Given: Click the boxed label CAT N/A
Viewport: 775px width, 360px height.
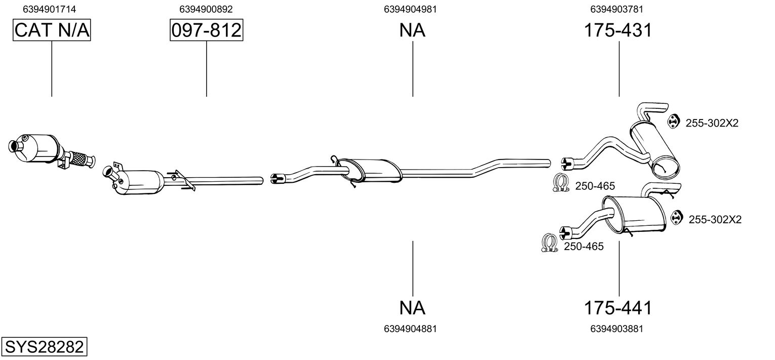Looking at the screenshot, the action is (x=52, y=30).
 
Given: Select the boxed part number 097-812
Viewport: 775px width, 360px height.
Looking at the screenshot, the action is (x=206, y=30).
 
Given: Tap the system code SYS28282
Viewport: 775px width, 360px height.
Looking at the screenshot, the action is (x=44, y=347).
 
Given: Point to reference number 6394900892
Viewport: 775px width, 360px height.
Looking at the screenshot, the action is (x=206, y=9).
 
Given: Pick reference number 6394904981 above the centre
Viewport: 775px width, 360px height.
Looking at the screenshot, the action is (x=411, y=9).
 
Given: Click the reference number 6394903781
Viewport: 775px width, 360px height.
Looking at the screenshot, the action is (x=616, y=9).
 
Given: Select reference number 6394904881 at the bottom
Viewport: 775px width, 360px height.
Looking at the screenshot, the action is (x=411, y=329).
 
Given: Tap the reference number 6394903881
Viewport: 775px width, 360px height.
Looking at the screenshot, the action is (x=616, y=329).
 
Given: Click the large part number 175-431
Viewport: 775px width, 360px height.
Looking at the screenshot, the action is (x=617, y=30).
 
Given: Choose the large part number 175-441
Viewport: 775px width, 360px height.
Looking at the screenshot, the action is (x=617, y=307).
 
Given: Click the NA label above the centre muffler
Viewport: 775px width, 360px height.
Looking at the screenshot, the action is (x=412, y=30).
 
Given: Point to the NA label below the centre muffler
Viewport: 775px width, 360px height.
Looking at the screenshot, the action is (x=412, y=307).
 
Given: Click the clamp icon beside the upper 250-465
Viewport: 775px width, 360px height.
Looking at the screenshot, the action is (x=561, y=183).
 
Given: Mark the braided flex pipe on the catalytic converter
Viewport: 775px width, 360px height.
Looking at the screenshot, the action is (x=79, y=158).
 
